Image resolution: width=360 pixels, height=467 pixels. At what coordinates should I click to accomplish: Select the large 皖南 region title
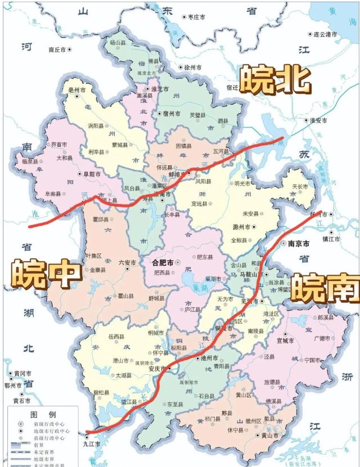click(326, 288)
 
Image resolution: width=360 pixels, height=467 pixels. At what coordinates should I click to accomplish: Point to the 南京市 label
click(298, 244)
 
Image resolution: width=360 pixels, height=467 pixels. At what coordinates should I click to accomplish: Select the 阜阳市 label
click(88, 174)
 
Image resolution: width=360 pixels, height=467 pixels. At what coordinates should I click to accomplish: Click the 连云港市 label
click(326, 35)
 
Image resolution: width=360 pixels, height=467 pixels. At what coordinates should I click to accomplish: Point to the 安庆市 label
click(155, 369)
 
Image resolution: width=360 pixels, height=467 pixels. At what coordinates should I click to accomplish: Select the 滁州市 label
click(242, 226)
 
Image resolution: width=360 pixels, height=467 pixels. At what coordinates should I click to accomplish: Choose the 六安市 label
click(128, 262)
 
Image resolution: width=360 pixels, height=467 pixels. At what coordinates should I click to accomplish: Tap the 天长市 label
click(300, 186)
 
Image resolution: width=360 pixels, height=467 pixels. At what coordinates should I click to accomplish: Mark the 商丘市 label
click(57, 49)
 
